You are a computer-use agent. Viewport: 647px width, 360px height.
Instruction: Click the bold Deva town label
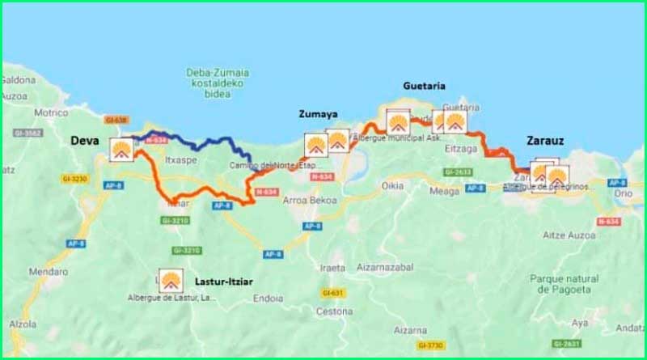[x=84, y=140]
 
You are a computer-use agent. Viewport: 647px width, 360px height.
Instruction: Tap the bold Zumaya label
[x=317, y=114]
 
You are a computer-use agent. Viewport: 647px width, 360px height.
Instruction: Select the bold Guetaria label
[x=424, y=86]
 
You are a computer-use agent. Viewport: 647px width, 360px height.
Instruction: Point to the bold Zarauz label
[x=545, y=140]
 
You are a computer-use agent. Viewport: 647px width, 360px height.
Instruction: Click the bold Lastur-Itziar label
[x=225, y=282]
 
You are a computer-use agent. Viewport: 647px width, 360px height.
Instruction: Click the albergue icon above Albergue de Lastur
[x=171, y=281]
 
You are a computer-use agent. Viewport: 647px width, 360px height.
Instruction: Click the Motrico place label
[x=52, y=113]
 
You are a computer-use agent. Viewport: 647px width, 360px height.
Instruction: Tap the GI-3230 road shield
[x=72, y=178]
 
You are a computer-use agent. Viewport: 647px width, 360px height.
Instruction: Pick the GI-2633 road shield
[x=457, y=172]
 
